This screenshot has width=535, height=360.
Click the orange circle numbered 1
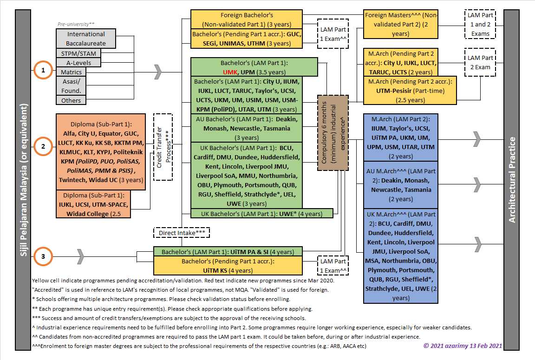(x=43, y=71)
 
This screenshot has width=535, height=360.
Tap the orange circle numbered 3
(x=43, y=256)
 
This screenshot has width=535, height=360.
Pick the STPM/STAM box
(x=78, y=53)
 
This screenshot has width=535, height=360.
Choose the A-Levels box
(x=78, y=63)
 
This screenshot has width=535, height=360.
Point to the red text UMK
(x=230, y=72)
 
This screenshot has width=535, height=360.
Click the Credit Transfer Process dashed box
(x=163, y=147)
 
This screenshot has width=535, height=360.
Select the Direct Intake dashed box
(x=182, y=233)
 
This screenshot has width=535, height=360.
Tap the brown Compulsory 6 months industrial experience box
(x=333, y=132)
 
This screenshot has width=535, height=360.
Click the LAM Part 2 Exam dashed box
(x=480, y=63)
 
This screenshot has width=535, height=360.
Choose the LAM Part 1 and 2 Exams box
(x=480, y=25)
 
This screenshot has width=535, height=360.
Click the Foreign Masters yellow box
(x=400, y=25)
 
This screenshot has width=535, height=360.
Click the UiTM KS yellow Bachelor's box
(x=228, y=266)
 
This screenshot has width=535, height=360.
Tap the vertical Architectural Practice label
(x=511, y=180)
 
